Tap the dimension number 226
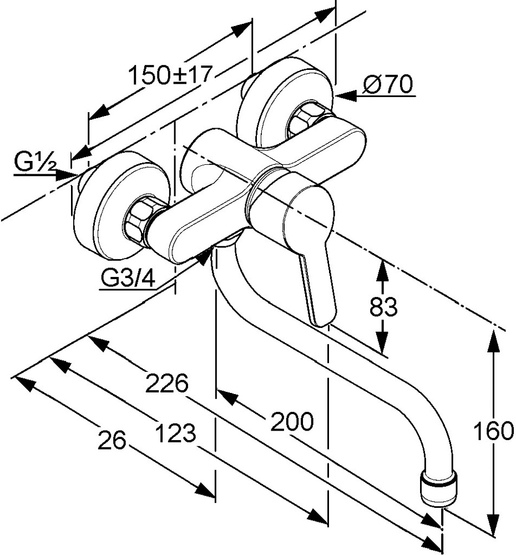167,383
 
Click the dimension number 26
112,441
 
